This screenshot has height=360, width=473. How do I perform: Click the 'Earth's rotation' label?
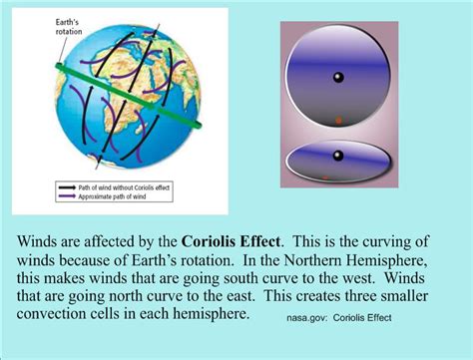click(41, 24)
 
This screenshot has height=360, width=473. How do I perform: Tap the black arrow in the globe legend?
click(61, 187)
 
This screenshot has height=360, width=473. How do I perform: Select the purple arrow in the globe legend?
click(61, 196)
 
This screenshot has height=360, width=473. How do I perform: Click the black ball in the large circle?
click(338, 78)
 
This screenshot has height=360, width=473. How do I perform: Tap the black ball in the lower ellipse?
click(338, 155)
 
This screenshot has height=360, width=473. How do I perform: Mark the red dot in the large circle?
click(339, 121)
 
